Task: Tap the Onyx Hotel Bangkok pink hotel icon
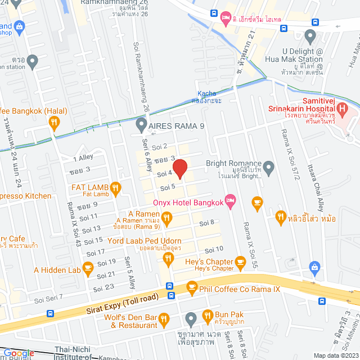coord(229,200)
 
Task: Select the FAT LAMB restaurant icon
coord(115,188)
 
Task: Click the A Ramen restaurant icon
coord(166,217)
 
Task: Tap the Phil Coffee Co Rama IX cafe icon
coord(192,287)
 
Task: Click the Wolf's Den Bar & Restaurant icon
coord(164,319)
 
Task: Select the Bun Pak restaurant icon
coord(207,316)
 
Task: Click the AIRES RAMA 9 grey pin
coord(141,129)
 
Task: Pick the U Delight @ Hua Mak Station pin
coord(309,37)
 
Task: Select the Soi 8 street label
coord(209,223)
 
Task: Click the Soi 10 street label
coord(214,249)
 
